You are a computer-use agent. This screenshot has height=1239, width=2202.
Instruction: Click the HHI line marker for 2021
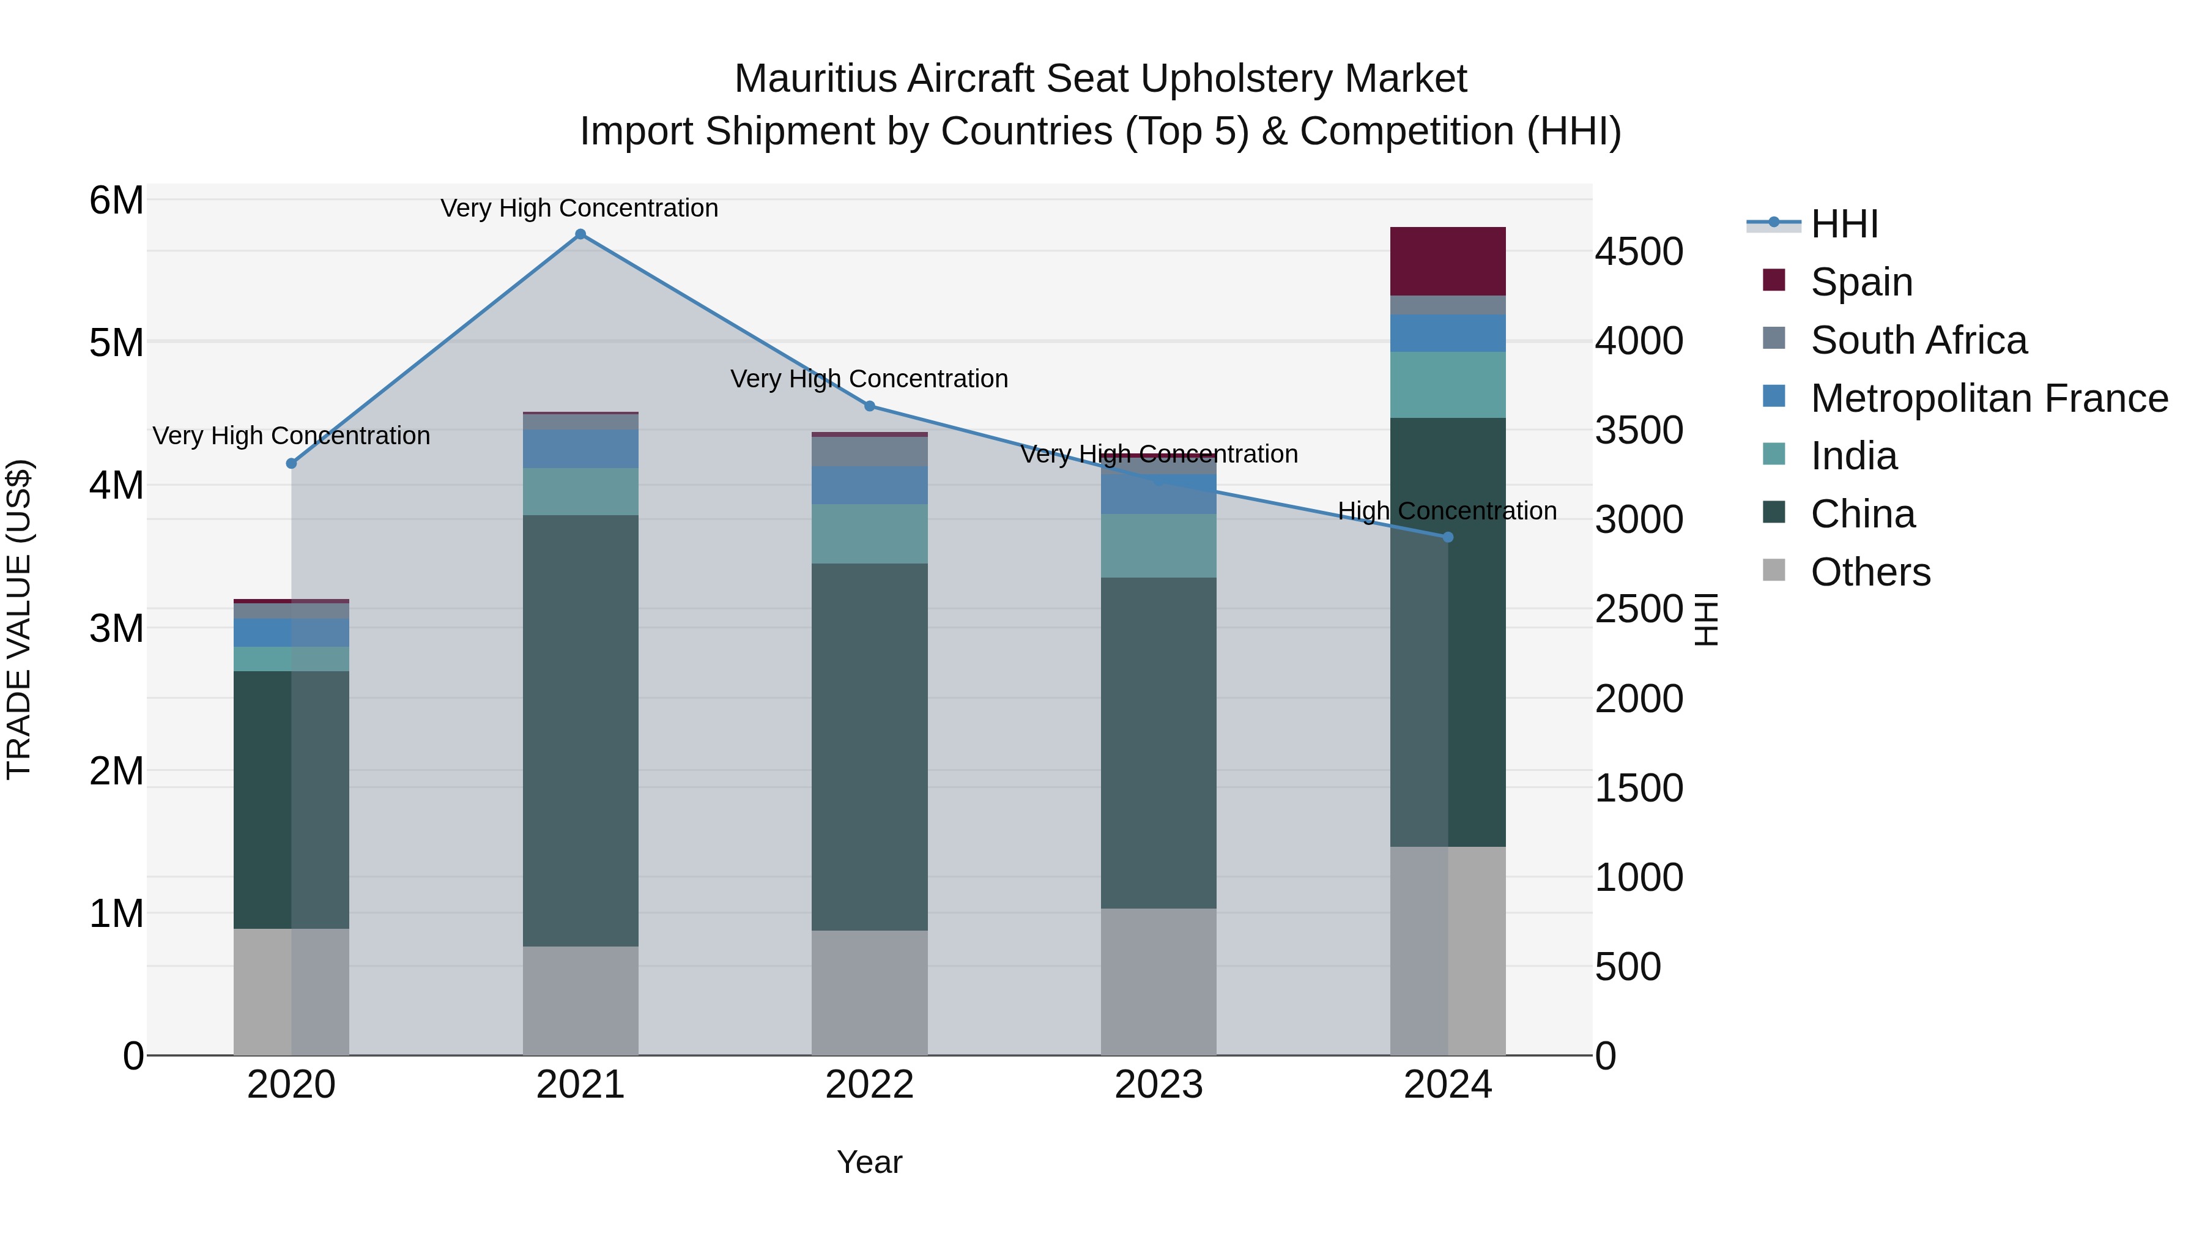tap(580, 234)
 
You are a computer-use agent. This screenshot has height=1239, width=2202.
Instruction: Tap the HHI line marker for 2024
tap(1448, 537)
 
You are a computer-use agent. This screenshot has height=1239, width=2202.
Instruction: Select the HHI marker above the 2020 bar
tap(292, 463)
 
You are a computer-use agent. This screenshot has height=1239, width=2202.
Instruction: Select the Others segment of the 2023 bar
tap(1158, 981)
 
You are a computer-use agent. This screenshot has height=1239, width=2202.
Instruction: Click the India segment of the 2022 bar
tap(869, 534)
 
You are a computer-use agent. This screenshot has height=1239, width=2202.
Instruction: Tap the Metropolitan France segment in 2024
tap(1448, 333)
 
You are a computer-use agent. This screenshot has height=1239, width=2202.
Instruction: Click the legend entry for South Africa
tap(1918, 340)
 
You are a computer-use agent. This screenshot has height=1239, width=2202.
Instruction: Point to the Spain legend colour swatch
tap(1774, 280)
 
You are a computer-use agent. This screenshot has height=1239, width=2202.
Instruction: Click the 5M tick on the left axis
tap(116, 343)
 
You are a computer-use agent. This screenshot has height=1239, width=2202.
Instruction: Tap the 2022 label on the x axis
tap(869, 1085)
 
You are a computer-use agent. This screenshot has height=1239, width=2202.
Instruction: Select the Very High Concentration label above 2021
tap(580, 208)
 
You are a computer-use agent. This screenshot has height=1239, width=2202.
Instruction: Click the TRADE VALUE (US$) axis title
tap(19, 619)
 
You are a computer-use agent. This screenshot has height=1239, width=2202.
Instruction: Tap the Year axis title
tap(869, 1162)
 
